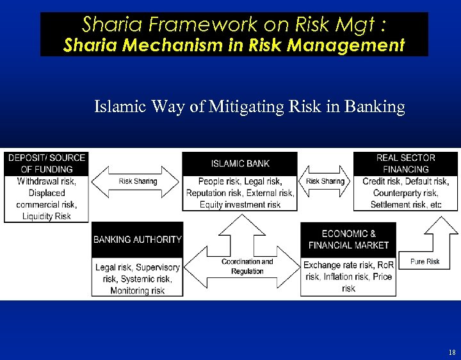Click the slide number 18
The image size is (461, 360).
click(x=451, y=352)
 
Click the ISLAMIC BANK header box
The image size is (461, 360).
click(x=240, y=163)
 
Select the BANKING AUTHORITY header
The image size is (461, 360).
click(x=138, y=239)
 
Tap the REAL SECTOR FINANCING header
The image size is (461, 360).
click(x=405, y=163)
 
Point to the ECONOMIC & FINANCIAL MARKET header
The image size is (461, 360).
click(x=348, y=239)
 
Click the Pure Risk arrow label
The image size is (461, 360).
click(x=425, y=261)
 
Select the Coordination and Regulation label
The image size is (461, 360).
click(x=247, y=266)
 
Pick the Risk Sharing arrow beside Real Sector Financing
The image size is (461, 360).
click(x=325, y=181)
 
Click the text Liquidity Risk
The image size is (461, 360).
click(x=46, y=217)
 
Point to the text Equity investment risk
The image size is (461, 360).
click(x=240, y=204)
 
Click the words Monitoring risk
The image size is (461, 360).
click(x=137, y=291)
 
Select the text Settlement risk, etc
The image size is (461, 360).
click(x=406, y=204)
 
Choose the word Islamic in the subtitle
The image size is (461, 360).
click(x=121, y=106)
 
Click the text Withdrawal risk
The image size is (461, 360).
click(x=46, y=181)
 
